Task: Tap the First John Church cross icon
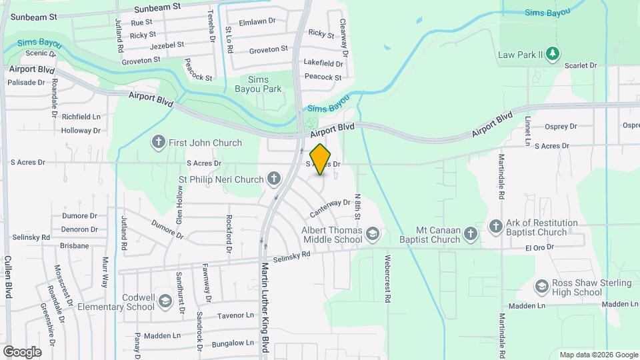(x=159, y=142)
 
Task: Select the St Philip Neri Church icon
(x=273, y=178)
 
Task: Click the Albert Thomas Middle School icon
(x=373, y=233)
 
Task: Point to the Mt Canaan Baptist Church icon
(x=471, y=233)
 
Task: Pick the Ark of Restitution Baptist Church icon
(x=495, y=227)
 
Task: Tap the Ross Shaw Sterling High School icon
(x=542, y=287)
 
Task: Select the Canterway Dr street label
(x=330, y=207)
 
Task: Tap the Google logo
(x=22, y=351)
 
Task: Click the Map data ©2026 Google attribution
(x=598, y=355)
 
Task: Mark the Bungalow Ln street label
(x=233, y=343)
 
